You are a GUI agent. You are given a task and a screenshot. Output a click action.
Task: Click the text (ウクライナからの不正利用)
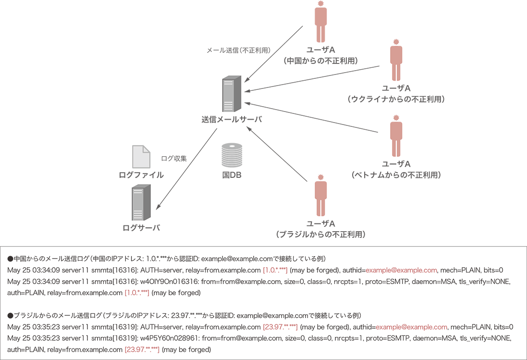pyautogui.click(x=396, y=99)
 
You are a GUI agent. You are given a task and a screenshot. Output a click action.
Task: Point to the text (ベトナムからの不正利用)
pyautogui.click(x=396, y=174)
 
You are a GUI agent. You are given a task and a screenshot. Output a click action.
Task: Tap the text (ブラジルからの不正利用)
pyautogui.click(x=320, y=235)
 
